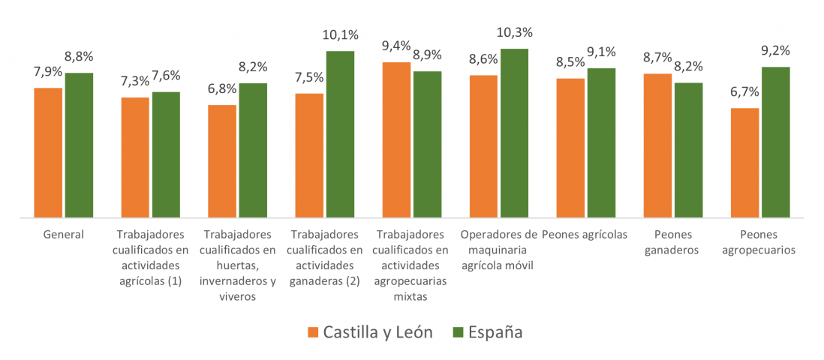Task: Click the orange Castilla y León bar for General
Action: (48, 153)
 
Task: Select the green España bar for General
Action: (79, 145)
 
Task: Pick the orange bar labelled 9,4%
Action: (396, 140)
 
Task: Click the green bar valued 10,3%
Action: (514, 133)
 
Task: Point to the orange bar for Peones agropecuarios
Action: (745, 163)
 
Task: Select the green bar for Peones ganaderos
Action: (688, 150)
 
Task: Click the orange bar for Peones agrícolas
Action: (570, 148)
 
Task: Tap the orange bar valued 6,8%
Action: (222, 161)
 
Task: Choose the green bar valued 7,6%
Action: (166, 155)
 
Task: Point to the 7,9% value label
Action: (48, 73)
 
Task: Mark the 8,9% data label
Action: (427, 55)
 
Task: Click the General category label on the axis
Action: (64, 234)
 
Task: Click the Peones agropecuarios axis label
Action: (759, 242)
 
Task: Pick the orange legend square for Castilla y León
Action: (313, 332)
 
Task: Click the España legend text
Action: (495, 332)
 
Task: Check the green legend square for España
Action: (458, 332)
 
